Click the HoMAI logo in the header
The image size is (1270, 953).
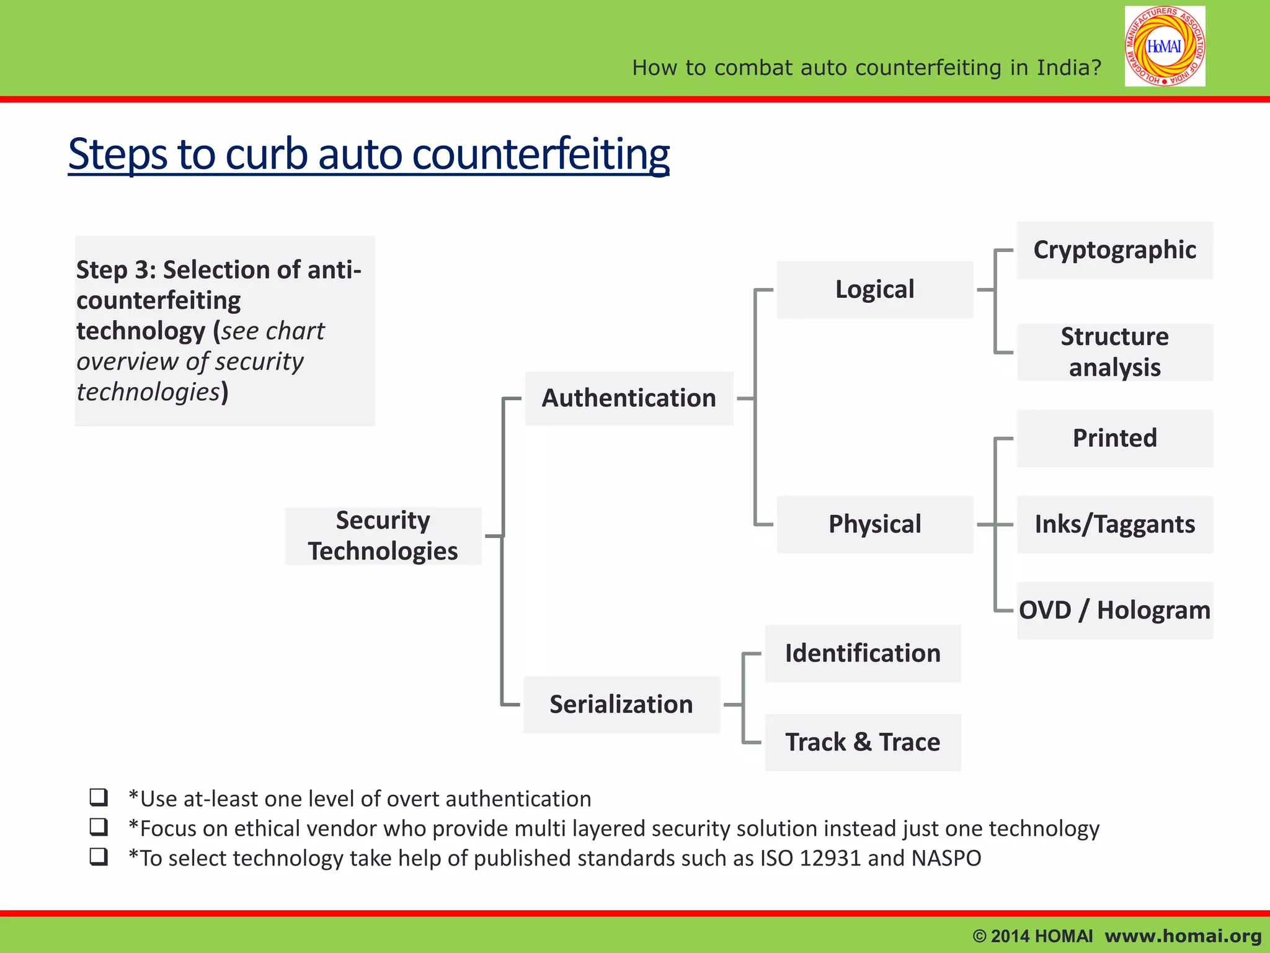pyautogui.click(x=1165, y=47)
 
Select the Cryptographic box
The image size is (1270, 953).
pyautogui.click(x=1114, y=250)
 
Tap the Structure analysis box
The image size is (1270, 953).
pyautogui.click(x=1114, y=352)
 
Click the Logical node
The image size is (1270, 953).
pyautogui.click(x=874, y=290)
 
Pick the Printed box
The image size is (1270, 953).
pyautogui.click(x=1114, y=438)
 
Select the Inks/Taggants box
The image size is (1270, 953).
pyautogui.click(x=1114, y=524)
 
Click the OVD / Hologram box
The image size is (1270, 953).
pyautogui.click(x=1114, y=611)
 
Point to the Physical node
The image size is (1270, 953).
pyautogui.click(x=874, y=524)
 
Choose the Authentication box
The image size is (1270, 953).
pyautogui.click(x=629, y=398)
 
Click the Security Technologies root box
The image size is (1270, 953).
pyautogui.click(x=383, y=535)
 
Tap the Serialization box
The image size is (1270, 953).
pyautogui.click(x=621, y=704)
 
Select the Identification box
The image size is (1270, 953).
pyautogui.click(x=863, y=653)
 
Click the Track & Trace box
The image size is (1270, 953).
pyautogui.click(x=863, y=742)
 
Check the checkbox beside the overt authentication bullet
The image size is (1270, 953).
pyautogui.click(x=99, y=797)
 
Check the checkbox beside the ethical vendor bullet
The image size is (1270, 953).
pyautogui.click(x=99, y=827)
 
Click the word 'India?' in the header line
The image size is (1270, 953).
pyautogui.click(x=1069, y=67)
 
